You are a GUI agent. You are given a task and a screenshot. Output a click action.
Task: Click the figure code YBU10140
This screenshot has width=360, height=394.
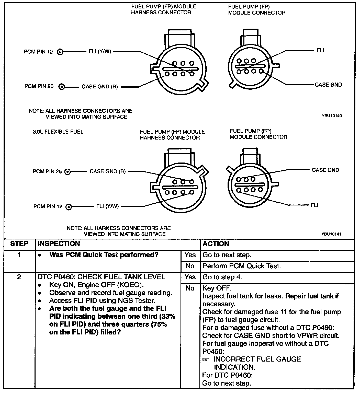[x=332, y=116]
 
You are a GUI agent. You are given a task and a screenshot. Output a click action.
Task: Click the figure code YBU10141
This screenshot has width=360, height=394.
[x=332, y=234]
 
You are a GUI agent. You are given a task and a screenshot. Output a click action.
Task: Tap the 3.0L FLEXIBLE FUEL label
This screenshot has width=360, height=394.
[x=58, y=132]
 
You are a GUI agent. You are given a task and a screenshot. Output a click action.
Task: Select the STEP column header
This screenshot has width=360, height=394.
[x=19, y=244]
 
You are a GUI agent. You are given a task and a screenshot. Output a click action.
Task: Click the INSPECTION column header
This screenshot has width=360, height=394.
[x=59, y=244]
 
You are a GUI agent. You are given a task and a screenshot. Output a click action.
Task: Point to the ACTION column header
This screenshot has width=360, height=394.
[x=216, y=244]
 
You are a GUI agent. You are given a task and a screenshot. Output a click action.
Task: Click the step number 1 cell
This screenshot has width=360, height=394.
[x=19, y=255]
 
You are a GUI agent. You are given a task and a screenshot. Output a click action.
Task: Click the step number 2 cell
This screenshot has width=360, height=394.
[x=19, y=277]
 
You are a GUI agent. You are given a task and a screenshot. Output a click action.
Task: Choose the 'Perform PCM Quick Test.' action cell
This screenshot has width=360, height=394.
[x=242, y=266]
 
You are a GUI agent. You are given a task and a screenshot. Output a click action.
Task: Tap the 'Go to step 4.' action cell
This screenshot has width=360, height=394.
[x=222, y=277]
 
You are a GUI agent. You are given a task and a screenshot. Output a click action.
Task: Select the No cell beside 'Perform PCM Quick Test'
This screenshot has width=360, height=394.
[x=190, y=266]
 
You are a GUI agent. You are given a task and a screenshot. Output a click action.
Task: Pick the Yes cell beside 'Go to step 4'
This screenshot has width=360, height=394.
[x=190, y=277]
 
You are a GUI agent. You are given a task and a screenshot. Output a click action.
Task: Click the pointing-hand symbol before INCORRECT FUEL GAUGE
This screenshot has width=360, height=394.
[x=205, y=359]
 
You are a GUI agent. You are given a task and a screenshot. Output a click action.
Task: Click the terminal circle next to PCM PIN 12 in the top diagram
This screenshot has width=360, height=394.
[x=60, y=52]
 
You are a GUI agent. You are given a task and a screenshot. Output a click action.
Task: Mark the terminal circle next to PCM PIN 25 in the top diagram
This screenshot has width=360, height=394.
[x=62, y=87]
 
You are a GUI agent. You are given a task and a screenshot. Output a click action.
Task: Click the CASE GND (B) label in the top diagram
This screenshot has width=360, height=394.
[x=100, y=87]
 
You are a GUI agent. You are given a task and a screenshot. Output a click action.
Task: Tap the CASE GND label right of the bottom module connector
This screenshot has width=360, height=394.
[x=325, y=170]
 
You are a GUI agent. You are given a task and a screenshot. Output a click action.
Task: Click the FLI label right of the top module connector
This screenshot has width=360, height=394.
[x=320, y=50]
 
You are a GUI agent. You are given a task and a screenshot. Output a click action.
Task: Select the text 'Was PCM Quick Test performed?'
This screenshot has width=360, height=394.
[x=104, y=255]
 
